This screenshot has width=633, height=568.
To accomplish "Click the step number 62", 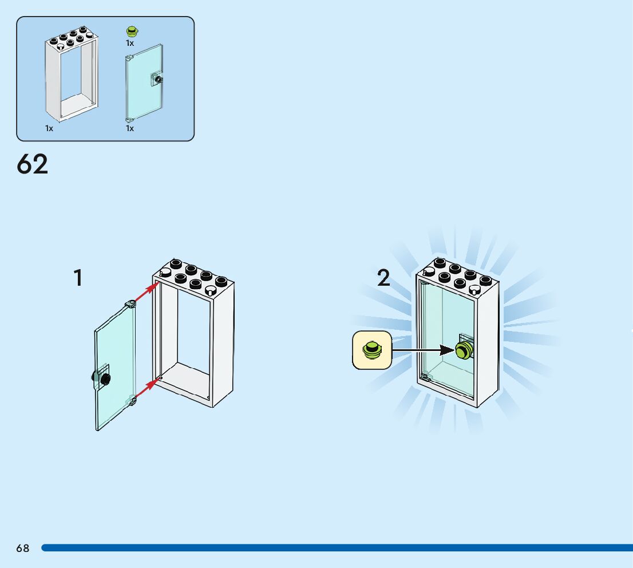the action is pyautogui.click(x=33, y=164).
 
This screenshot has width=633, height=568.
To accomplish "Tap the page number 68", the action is pyautogui.click(x=22, y=549).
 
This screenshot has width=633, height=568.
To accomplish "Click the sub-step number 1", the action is pyautogui.click(x=78, y=278).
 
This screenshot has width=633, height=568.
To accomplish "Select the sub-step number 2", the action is pyautogui.click(x=383, y=278).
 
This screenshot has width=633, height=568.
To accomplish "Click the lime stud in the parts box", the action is pyautogui.click(x=132, y=31).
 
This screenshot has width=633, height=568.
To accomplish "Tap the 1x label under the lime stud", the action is pyautogui.click(x=130, y=43).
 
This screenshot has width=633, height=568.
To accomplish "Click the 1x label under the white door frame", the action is pyautogui.click(x=49, y=128).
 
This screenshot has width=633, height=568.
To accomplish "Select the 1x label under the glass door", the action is pyautogui.click(x=130, y=128).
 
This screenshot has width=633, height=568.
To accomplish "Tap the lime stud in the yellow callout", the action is pyautogui.click(x=372, y=349).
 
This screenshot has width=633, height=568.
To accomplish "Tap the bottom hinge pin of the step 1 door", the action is pyautogui.click(x=131, y=400).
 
